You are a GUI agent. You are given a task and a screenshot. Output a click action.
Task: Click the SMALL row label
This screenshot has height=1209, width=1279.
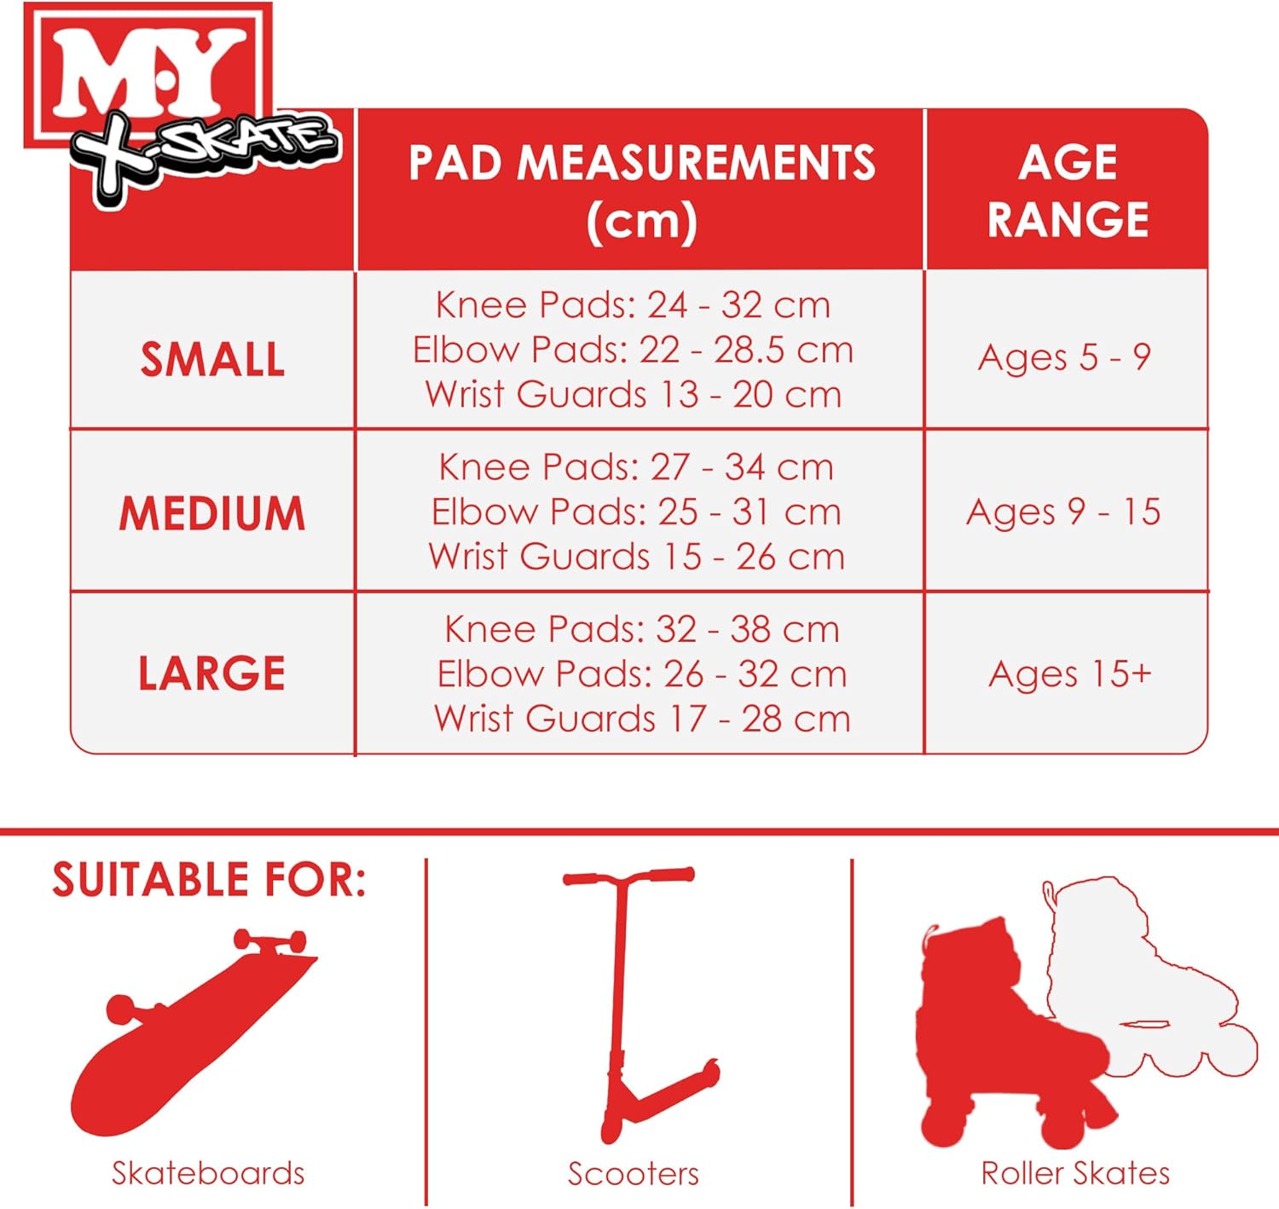(x=212, y=359)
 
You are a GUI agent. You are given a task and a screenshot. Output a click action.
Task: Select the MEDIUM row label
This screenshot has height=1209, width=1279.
(x=212, y=513)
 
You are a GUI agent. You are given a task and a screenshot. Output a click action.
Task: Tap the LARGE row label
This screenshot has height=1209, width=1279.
(x=212, y=674)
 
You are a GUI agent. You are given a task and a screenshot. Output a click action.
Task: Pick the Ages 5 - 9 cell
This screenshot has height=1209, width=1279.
(x=1064, y=357)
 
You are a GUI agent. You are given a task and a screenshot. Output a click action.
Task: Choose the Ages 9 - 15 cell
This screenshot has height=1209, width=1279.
(x=1063, y=512)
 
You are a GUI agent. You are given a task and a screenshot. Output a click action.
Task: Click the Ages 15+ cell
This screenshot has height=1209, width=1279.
(x=1069, y=674)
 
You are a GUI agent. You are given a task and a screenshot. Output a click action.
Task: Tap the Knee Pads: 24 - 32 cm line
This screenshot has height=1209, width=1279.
(x=633, y=305)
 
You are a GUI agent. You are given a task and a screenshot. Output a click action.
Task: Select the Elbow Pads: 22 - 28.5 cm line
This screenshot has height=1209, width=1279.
(x=633, y=350)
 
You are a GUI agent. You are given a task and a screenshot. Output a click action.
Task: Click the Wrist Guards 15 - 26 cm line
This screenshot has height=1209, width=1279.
(x=636, y=557)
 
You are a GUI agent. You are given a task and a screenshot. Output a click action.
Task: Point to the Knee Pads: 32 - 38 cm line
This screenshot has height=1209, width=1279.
(x=642, y=629)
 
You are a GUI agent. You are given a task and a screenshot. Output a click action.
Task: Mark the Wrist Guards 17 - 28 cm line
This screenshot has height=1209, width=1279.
(x=642, y=719)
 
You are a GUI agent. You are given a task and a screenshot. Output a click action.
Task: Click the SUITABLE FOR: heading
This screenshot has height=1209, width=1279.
(x=209, y=880)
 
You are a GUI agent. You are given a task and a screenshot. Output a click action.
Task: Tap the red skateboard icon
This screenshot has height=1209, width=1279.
(x=192, y=1032)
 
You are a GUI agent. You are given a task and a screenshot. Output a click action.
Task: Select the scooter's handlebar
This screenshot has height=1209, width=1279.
(x=629, y=877)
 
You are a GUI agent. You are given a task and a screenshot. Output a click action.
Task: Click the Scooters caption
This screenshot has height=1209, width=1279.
(x=633, y=1174)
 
